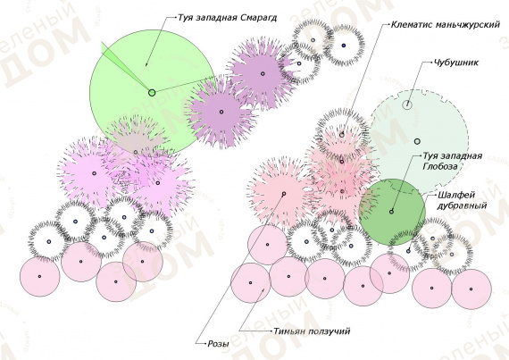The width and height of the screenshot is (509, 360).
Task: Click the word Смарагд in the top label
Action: click(x=259, y=18)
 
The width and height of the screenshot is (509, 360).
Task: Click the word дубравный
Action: click(x=463, y=205)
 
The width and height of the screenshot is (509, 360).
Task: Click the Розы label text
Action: click(x=218, y=344)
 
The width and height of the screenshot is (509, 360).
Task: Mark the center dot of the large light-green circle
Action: click(x=152, y=93)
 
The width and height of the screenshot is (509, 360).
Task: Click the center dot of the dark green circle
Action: click(x=391, y=212)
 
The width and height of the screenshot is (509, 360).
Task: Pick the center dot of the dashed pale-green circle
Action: click(x=417, y=141)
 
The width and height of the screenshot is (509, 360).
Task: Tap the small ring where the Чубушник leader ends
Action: click(x=407, y=105)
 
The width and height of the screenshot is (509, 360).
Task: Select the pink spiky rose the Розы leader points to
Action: click(x=283, y=194)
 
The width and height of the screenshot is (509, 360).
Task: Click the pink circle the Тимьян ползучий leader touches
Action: click(x=251, y=283)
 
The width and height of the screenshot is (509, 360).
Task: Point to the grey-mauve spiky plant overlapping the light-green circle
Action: click(x=137, y=138)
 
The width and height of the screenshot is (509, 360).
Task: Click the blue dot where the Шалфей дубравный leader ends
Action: click(x=408, y=251)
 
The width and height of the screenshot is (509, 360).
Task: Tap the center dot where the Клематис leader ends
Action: click(x=342, y=135)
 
